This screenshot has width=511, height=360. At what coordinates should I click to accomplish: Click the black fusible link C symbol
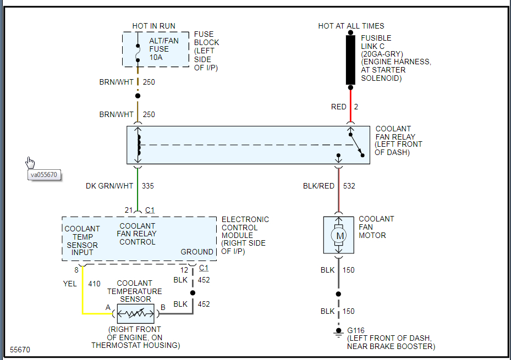(x=350, y=60)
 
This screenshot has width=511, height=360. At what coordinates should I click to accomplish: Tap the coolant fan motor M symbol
(x=339, y=236)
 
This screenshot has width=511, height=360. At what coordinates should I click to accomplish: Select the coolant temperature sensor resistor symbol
(x=135, y=314)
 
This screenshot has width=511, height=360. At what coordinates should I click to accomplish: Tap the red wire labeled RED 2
(x=350, y=104)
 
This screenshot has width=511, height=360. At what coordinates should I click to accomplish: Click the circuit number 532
(x=349, y=186)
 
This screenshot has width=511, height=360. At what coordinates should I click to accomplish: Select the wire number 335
(x=148, y=186)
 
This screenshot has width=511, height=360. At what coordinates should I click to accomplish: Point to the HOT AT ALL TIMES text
(x=351, y=26)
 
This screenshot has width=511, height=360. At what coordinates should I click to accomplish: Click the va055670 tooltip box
(x=45, y=175)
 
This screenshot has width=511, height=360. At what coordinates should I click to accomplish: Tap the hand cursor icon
(x=30, y=162)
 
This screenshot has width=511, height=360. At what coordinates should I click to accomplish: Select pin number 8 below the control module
(x=76, y=269)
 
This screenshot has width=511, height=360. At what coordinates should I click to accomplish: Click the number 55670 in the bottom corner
(x=20, y=350)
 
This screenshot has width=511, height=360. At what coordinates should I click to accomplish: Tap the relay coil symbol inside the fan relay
(x=138, y=145)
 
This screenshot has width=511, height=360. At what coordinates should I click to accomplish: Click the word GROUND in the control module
(x=197, y=252)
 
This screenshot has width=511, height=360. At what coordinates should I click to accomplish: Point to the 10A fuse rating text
(x=155, y=57)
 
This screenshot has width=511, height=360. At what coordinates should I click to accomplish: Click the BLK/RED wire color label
(x=318, y=186)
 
